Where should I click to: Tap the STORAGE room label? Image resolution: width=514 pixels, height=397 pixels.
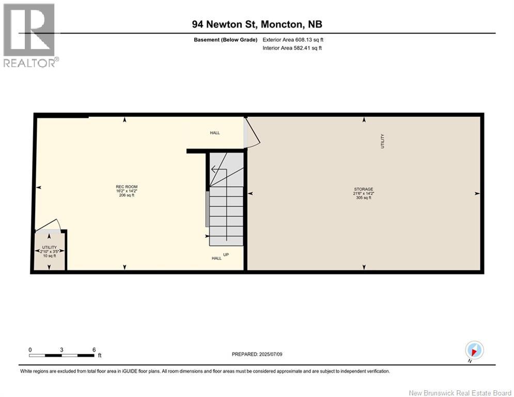(x=364, y=189)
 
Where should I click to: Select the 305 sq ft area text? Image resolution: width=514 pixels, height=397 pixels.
(x=364, y=197)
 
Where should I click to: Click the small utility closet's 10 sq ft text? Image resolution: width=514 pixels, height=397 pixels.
(x=50, y=256)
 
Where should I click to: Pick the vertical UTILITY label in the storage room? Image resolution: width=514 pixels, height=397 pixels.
(x=383, y=141)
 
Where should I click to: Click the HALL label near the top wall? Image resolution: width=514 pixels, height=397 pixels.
(x=214, y=133)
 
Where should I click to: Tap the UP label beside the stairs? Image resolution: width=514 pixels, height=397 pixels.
(x=226, y=254)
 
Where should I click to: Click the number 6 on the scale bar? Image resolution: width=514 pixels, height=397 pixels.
(x=94, y=350)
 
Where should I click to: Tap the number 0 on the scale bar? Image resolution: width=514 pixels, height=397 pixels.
(x=30, y=350)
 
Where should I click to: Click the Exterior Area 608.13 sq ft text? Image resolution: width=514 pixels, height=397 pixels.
(x=293, y=39)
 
